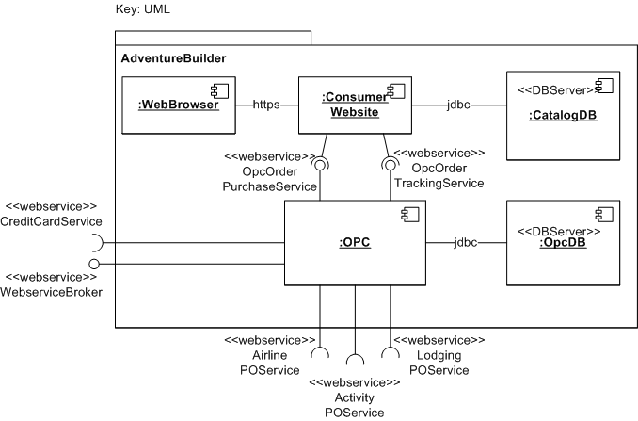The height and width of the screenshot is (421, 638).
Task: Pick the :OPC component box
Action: point(355,243)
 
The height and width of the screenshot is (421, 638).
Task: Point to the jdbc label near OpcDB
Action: point(465,243)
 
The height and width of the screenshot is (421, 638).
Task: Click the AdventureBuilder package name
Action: point(173,58)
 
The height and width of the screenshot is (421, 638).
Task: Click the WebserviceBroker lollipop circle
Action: point(94,264)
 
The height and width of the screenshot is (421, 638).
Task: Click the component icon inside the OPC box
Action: point(410,216)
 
